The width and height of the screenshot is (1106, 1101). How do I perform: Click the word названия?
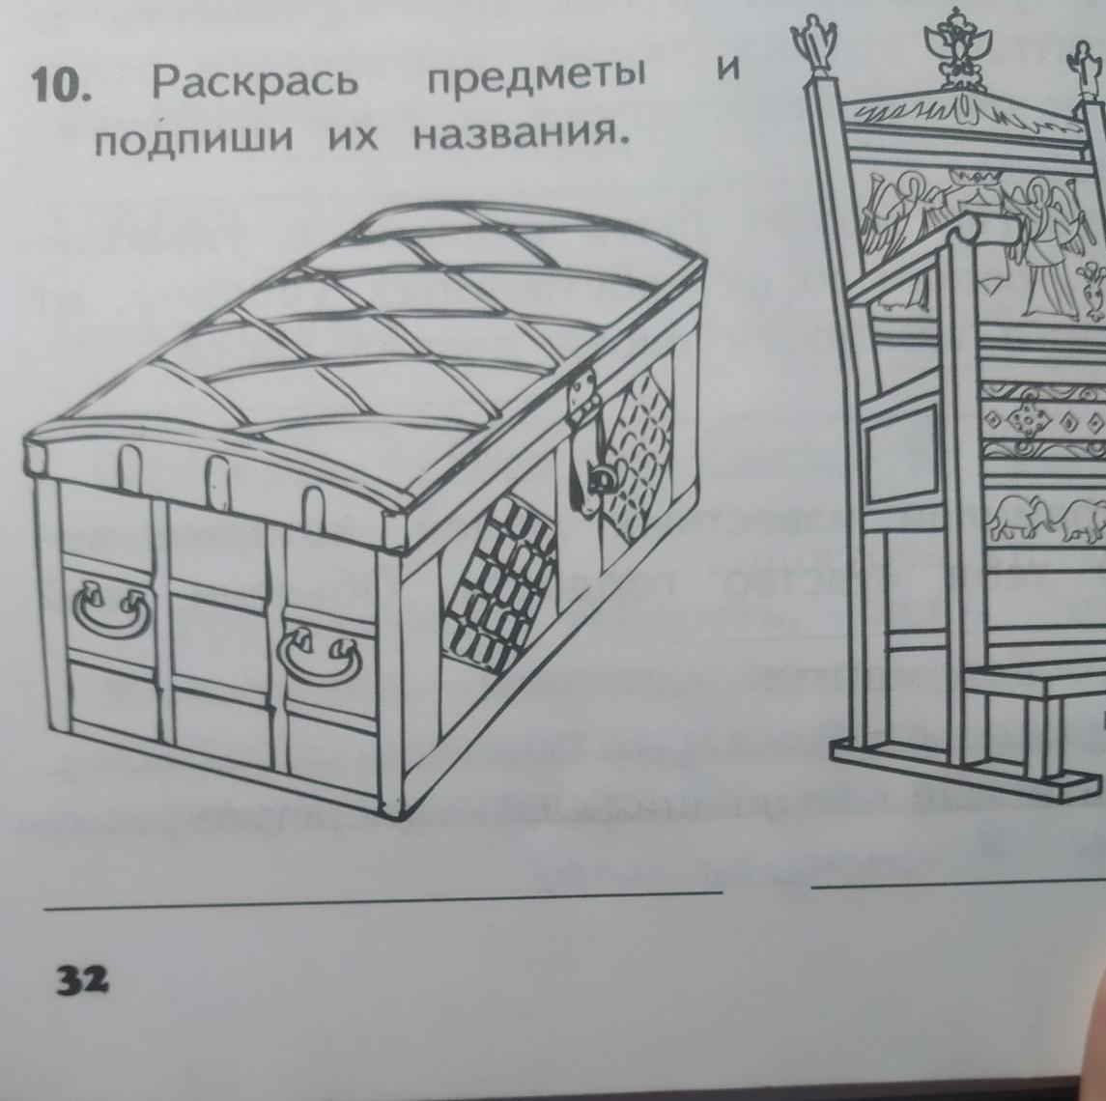(514, 138)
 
